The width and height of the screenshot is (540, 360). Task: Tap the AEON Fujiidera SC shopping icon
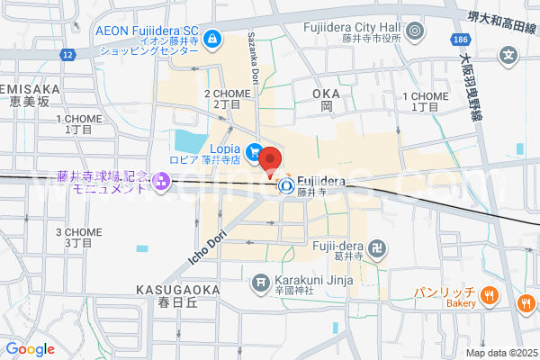pyautogui.click(x=213, y=38)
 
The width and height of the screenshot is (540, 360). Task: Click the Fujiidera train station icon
pyautogui.click(x=286, y=186)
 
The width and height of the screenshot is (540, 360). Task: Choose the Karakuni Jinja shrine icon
pyautogui.click(x=262, y=283)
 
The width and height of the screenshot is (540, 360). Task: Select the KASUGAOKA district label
pyautogui.click(x=178, y=290)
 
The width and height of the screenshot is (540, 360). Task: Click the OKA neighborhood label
pyautogui.click(x=327, y=94)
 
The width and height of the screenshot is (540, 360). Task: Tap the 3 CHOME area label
pyautogui.click(x=78, y=231)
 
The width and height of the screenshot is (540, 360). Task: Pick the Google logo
pyautogui.click(x=30, y=348)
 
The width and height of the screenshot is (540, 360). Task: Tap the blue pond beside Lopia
pyautogui.click(x=190, y=141)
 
